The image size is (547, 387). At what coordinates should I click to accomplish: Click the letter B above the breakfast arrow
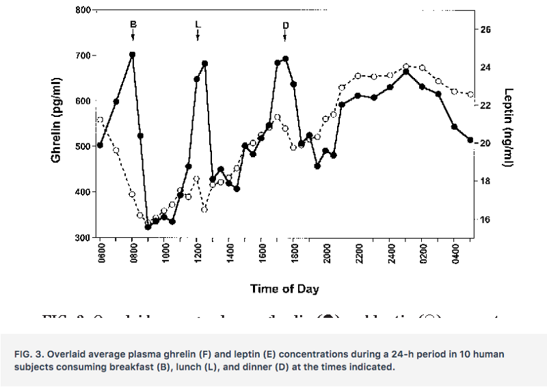tap(133, 25)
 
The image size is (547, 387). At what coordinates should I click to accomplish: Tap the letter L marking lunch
tap(198, 25)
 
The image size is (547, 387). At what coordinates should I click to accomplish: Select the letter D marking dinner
tap(285, 25)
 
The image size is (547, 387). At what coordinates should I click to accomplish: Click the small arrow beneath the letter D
tap(285, 36)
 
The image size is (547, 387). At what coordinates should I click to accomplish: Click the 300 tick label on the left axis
tap(82, 237)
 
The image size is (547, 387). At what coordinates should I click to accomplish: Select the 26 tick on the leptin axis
tap(485, 30)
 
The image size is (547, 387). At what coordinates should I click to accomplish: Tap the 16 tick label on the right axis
tap(485, 220)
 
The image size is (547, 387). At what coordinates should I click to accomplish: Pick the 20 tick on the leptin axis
tap(485, 144)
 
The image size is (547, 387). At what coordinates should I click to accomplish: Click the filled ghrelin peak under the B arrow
tap(132, 55)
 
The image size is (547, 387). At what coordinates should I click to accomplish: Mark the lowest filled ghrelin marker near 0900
tap(148, 226)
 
